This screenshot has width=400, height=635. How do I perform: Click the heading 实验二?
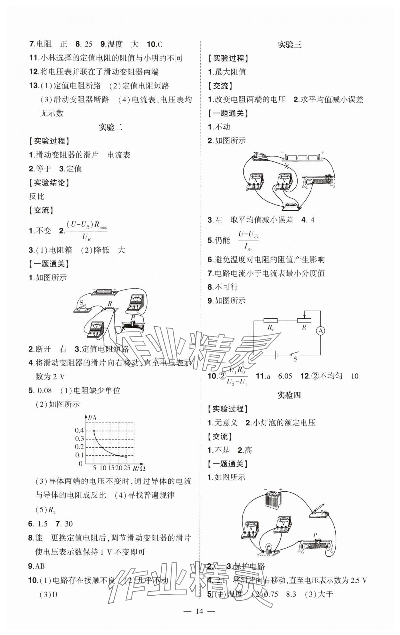pyautogui.click(x=110, y=127)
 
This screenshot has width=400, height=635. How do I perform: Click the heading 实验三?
pyautogui.click(x=289, y=45)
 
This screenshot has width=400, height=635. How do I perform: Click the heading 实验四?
pyautogui.click(x=289, y=395)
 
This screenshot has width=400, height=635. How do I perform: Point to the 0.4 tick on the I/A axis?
pyautogui.click(x=79, y=431)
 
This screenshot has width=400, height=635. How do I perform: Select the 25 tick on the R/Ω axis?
pyautogui.click(x=127, y=468)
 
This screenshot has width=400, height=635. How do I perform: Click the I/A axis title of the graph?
pyautogui.click(x=92, y=417)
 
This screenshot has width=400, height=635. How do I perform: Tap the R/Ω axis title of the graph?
pyautogui.click(x=139, y=468)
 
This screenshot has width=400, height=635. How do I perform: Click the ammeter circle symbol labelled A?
pyautogui.click(x=320, y=331)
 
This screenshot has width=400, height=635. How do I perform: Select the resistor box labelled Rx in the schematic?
pyautogui.click(x=271, y=320)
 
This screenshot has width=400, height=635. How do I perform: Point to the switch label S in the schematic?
pyautogui.click(x=295, y=359)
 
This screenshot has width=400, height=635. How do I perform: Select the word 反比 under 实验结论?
pyautogui.click(x=36, y=196)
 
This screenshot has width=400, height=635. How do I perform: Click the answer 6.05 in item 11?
pyautogui.click(x=285, y=376)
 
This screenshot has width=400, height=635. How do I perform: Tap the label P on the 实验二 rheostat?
pyautogui.click(x=133, y=317)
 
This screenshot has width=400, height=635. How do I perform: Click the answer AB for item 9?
pyautogui.click(x=40, y=566)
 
